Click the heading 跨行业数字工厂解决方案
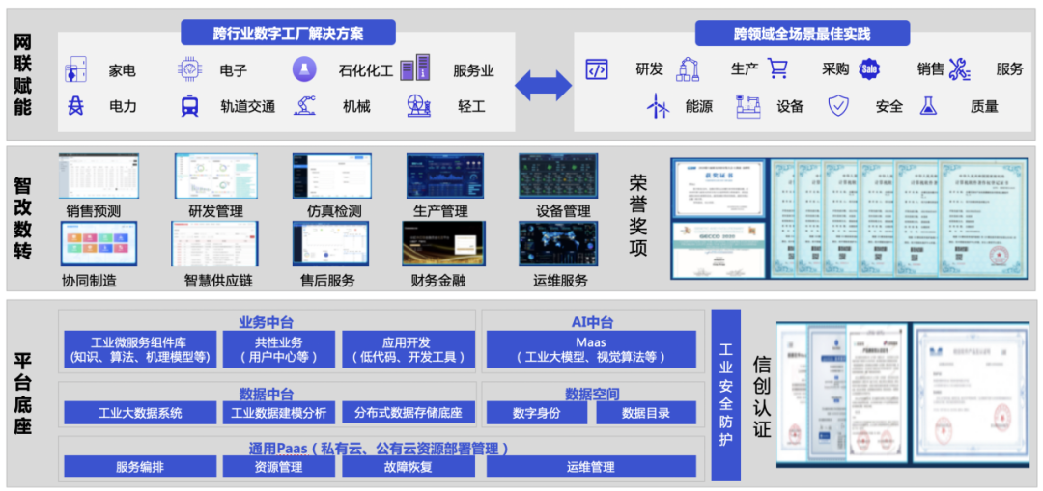pyautogui.click(x=288, y=33)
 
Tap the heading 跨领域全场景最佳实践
pyautogui.click(x=802, y=34)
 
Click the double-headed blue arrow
pyautogui.click(x=544, y=85)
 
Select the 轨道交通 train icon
pyautogui.click(x=189, y=106)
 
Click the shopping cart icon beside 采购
pyautogui.click(x=778, y=68)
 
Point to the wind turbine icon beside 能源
pyautogui.click(x=659, y=106)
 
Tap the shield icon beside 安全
pyautogui.click(x=838, y=106)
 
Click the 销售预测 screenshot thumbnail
pyautogui.click(x=99, y=176)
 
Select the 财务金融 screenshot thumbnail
pyautogui.click(x=443, y=243)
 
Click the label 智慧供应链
pyautogui.click(x=218, y=281)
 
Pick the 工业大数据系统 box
pyautogui.click(x=140, y=413)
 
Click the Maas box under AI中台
pyautogui.click(x=590, y=349)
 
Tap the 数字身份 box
pyautogui.click(x=536, y=413)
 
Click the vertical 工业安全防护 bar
pyautogui.click(x=725, y=395)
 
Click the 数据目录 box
pyautogui.click(x=646, y=413)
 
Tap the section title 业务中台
pyautogui.click(x=266, y=322)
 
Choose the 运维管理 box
pyautogui.click(x=590, y=467)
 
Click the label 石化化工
pyautogui.click(x=366, y=70)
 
